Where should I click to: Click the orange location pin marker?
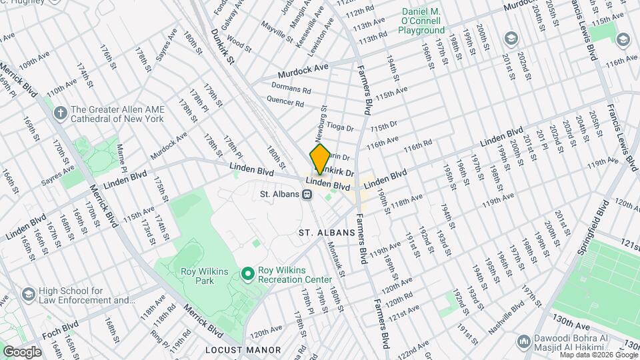(320, 159)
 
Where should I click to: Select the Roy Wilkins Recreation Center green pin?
(248, 273)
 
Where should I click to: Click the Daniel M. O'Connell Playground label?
(422, 21)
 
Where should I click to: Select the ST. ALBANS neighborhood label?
(324, 233)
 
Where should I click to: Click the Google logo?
(21, 351)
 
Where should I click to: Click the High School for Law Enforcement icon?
(29, 294)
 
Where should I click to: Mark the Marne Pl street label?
(121, 158)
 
